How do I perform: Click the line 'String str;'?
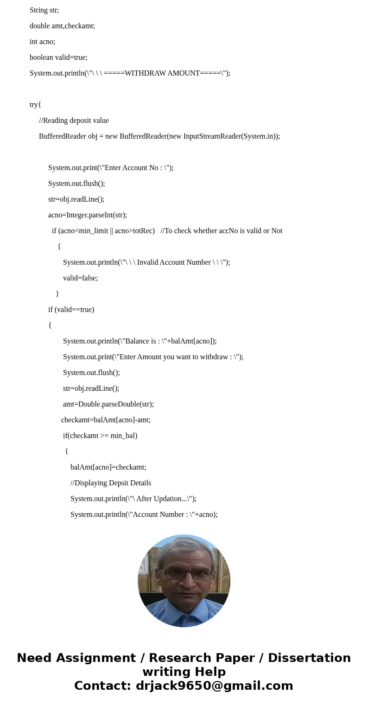click(44, 10)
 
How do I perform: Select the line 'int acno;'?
click(42, 42)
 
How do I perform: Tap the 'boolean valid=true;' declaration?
click(58, 57)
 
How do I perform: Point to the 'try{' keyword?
click(35, 105)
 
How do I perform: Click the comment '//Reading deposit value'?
click(74, 121)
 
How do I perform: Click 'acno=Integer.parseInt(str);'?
click(87, 215)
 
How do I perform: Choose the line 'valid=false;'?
click(80, 278)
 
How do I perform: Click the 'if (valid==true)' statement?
click(71, 310)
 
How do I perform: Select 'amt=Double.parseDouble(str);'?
click(108, 404)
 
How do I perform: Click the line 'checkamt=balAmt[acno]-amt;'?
click(106, 420)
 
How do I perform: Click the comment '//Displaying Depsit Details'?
click(110, 483)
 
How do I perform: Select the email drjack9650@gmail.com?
click(214, 686)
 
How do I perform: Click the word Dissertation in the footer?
click(309, 658)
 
